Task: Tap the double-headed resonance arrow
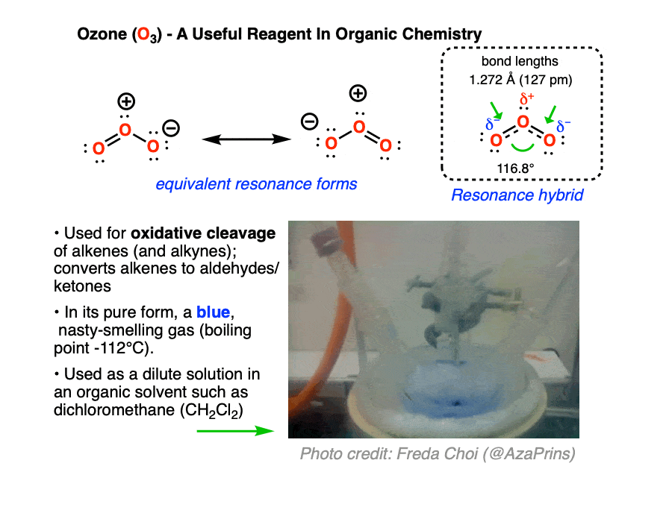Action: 246,139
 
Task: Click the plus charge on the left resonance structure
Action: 126,101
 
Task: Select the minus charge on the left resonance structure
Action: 172,127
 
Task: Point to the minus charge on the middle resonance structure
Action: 309,122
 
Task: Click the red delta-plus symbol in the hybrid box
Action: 526,99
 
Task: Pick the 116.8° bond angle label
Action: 515,169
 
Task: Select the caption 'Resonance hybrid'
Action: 517,195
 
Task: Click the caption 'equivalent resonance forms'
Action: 256,184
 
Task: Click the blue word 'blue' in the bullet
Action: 213,312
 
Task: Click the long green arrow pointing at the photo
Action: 235,431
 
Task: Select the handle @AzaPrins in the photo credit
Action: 529,454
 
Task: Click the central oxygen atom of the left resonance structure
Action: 125,130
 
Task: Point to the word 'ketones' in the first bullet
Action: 82,286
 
